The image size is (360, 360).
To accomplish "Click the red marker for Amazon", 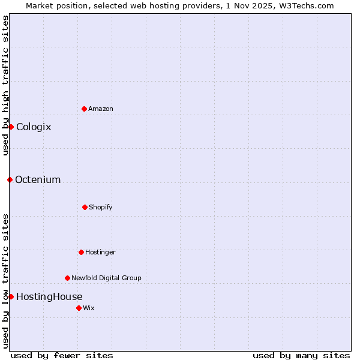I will [84, 109].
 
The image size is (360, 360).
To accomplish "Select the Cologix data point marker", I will [11, 127].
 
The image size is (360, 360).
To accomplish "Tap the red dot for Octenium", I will [10, 179].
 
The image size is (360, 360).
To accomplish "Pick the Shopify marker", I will [85, 207].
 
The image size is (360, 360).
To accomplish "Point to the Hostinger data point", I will [81, 252].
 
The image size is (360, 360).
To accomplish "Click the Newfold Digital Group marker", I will [67, 278].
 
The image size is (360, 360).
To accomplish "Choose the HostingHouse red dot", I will [11, 296].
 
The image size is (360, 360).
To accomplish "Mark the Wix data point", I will [79, 308].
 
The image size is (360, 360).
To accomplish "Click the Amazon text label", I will [101, 109].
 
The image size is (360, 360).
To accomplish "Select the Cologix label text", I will [34, 127].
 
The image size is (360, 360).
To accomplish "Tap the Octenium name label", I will [38, 179].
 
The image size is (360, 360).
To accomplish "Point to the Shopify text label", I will [101, 207].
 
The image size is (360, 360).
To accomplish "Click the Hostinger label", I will [100, 252].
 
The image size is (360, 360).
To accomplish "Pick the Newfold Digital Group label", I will [106, 278].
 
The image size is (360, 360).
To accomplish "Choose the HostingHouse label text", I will [49, 296].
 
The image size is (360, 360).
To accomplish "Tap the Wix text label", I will [89, 308].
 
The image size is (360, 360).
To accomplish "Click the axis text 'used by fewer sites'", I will [62, 355].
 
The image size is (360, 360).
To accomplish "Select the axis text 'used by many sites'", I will [301, 355].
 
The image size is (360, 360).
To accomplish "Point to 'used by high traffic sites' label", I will [5, 85].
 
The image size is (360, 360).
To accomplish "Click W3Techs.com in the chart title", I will [305, 5].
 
